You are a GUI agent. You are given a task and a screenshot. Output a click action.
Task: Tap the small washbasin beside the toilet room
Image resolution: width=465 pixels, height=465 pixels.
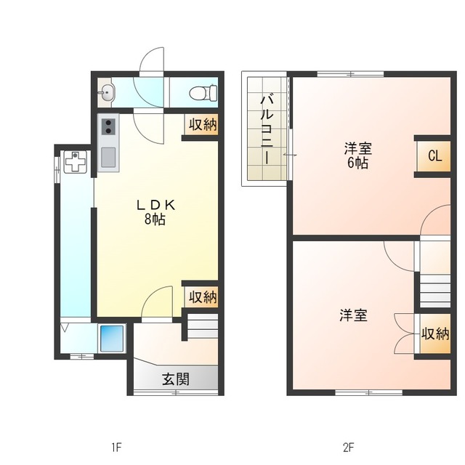pyautogui.click(x=108, y=92)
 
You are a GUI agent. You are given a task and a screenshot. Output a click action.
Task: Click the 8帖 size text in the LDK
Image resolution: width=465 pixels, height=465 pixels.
pyautogui.click(x=155, y=219)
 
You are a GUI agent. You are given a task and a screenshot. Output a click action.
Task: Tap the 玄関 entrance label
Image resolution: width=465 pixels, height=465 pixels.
pyautogui.click(x=175, y=379)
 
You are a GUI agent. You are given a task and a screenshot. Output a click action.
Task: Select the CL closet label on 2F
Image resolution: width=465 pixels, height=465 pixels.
pyautogui.click(x=434, y=155)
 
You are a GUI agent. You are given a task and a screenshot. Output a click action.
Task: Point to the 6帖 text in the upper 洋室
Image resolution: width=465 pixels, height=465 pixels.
pyautogui.click(x=357, y=163)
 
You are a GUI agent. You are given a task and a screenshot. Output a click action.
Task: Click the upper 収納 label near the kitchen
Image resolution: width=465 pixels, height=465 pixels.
pyautogui.click(x=203, y=124)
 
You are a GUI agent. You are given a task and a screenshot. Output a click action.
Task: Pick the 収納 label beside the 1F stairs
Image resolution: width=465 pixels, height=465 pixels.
pyautogui.click(x=203, y=296)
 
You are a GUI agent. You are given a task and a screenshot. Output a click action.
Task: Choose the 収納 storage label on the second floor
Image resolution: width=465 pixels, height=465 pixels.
pyautogui.click(x=434, y=334)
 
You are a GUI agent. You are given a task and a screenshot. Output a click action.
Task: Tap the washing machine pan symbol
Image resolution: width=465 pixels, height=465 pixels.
pyautogui.click(x=75, y=163)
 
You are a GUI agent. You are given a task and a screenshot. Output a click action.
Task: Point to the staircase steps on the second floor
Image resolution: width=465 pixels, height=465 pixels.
pyautogui.click(x=434, y=288)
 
